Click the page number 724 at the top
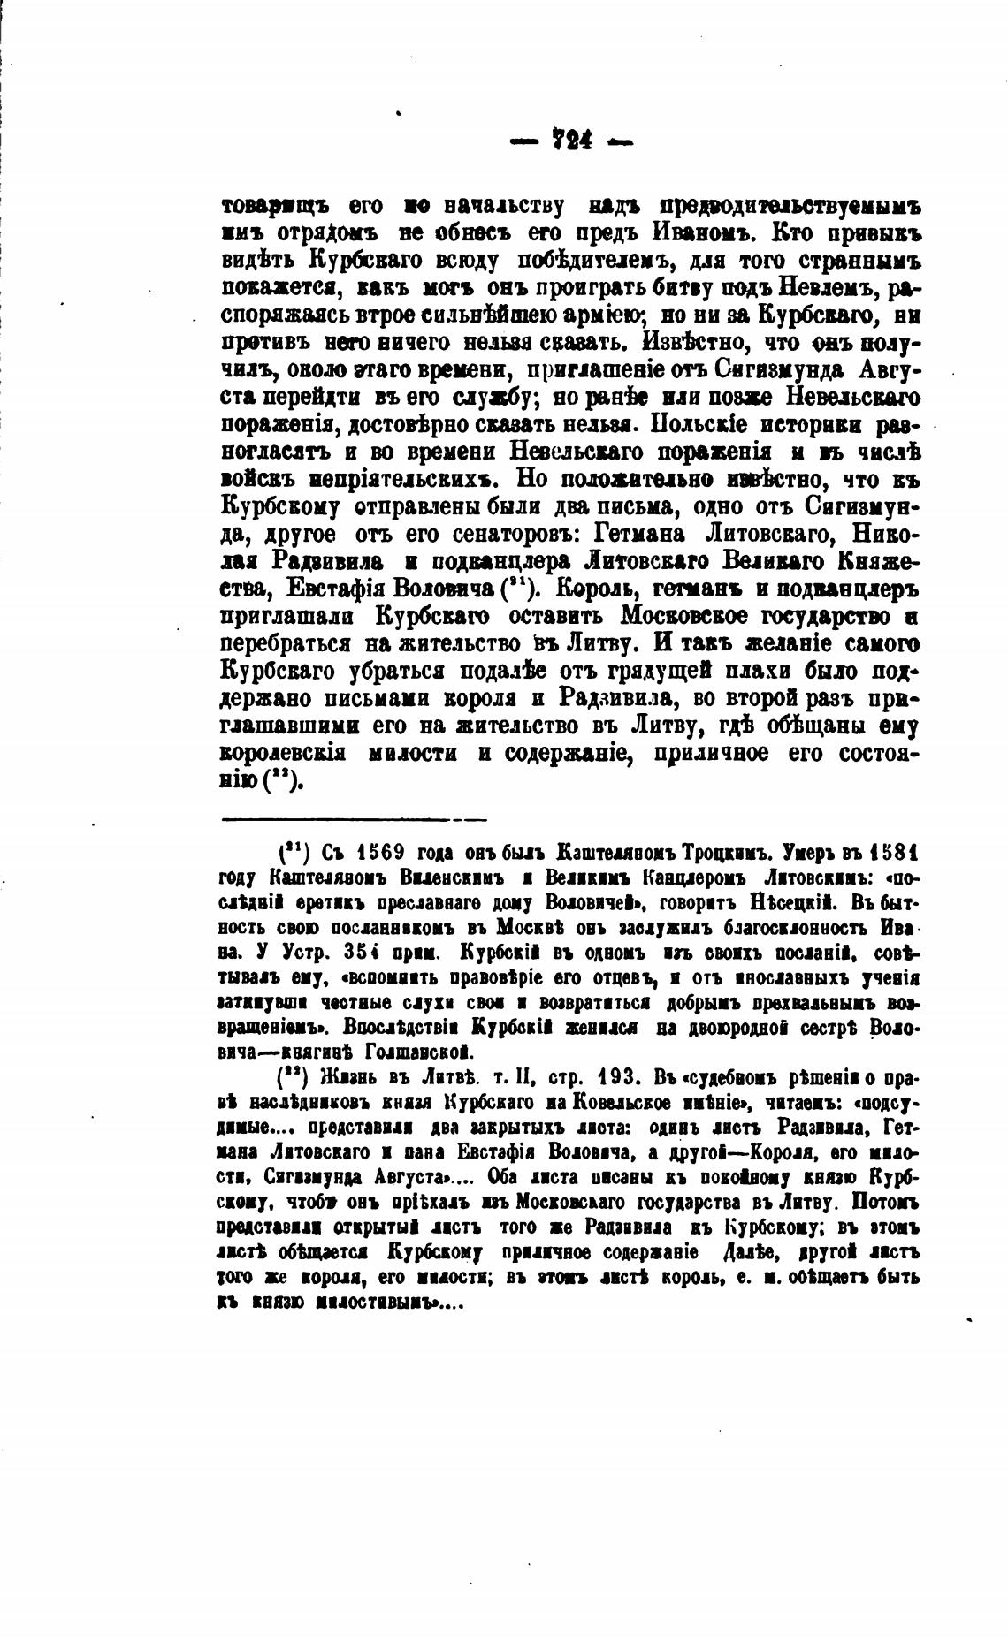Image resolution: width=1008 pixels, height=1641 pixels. coord(572,139)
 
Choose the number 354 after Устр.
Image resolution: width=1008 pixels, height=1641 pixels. coord(343,954)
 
